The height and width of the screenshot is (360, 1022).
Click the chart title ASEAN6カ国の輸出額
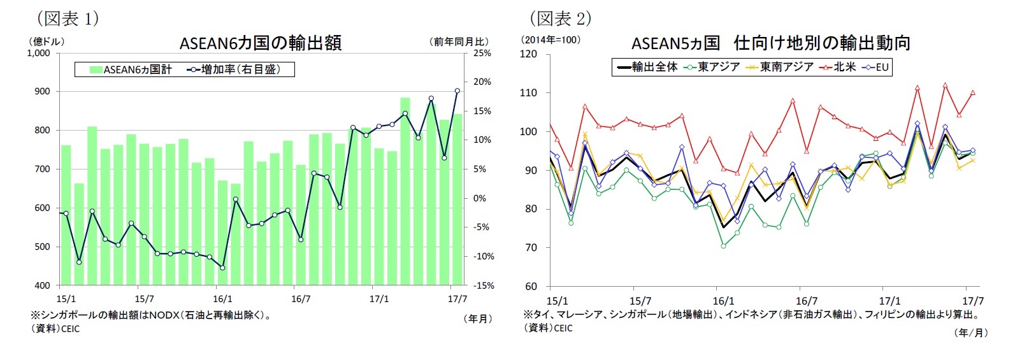click(x=260, y=43)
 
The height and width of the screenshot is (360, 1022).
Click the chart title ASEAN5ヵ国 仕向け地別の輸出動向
click(x=770, y=43)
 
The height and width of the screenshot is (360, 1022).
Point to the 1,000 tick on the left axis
click(x=39, y=53)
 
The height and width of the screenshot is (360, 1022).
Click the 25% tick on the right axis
click(x=482, y=53)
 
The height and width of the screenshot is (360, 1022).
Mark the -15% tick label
click(x=482, y=285)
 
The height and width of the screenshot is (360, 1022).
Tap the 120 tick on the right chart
click(x=528, y=54)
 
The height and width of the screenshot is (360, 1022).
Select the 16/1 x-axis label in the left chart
click(x=222, y=299)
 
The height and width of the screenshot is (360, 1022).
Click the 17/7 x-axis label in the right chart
click(x=973, y=301)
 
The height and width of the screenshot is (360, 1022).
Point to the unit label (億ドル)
click(x=45, y=41)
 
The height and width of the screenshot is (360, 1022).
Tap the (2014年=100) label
click(x=551, y=40)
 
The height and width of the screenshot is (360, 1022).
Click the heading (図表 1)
click(x=67, y=18)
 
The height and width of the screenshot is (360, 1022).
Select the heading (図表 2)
click(x=560, y=18)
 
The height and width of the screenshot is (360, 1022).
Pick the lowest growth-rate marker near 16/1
click(x=222, y=268)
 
